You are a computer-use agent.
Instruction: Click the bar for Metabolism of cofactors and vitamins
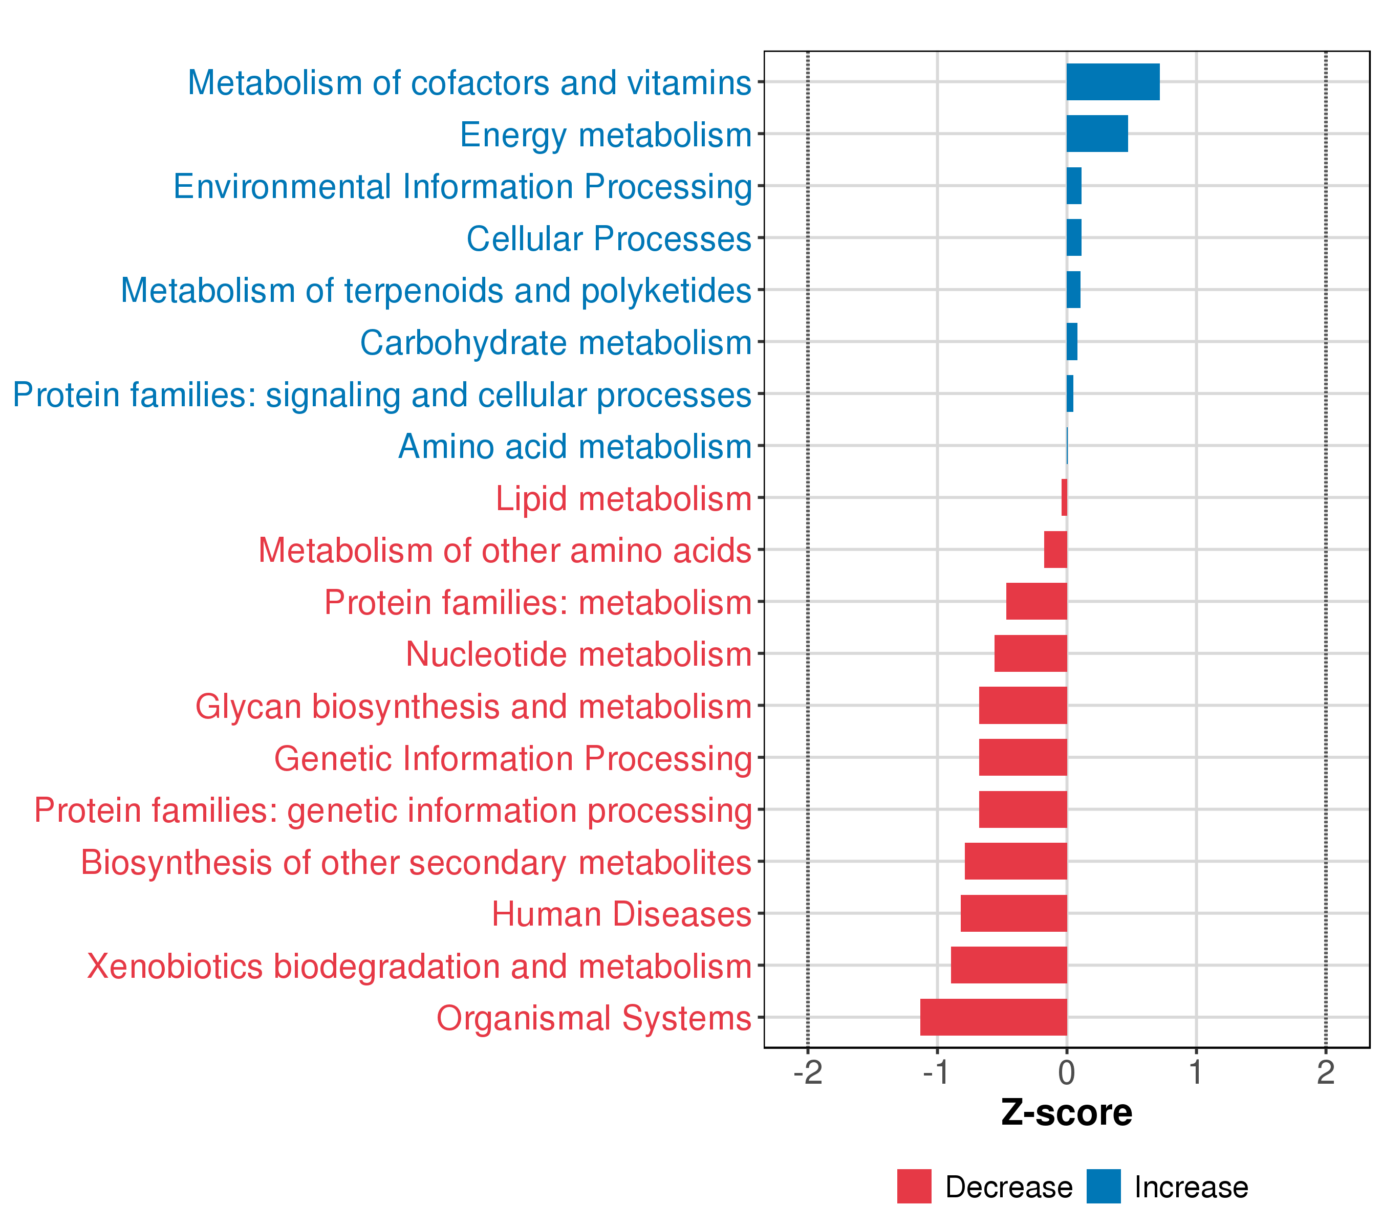pyautogui.click(x=1113, y=82)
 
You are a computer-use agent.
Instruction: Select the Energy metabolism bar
pyautogui.click(x=1097, y=134)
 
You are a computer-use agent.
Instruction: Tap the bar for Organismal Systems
pyautogui.click(x=993, y=1017)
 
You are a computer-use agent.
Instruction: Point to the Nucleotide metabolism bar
pyautogui.click(x=1030, y=653)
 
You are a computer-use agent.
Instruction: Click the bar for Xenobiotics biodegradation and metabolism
pyautogui.click(x=1009, y=964)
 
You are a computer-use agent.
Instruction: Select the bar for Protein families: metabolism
pyautogui.click(x=1036, y=602)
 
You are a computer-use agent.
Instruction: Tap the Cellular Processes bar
pyautogui.click(x=1074, y=238)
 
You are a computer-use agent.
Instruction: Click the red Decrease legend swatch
pyautogui.click(x=914, y=1186)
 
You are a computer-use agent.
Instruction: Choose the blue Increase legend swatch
pyautogui.click(x=1104, y=1186)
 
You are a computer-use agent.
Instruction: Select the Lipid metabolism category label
pyautogui.click(x=623, y=499)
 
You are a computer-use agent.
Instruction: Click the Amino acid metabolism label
pyautogui.click(x=575, y=447)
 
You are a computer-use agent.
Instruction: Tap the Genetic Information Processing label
pyautogui.click(x=512, y=758)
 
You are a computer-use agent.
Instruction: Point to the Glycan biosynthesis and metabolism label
pyautogui.click(x=473, y=707)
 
